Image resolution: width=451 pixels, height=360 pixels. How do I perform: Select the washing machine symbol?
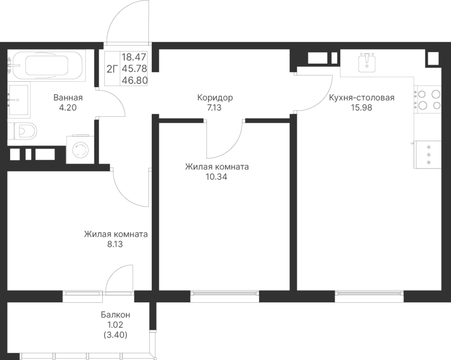pos(80,150)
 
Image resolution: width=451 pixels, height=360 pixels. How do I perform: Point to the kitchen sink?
pos(368,62)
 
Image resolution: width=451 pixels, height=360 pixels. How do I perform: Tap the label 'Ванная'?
pos(68,98)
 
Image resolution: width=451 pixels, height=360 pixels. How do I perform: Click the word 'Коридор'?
pos(215,98)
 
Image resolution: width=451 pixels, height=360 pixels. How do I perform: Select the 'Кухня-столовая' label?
pos(362,98)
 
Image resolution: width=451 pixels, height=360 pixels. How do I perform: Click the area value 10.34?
pos(216,176)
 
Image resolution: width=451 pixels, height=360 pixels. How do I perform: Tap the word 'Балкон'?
pos(115,315)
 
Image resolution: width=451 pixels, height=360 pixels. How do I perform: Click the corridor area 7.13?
pos(215,107)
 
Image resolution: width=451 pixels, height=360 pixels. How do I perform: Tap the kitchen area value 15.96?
pos(362,107)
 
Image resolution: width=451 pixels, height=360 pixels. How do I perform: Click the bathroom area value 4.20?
pos(68,107)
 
